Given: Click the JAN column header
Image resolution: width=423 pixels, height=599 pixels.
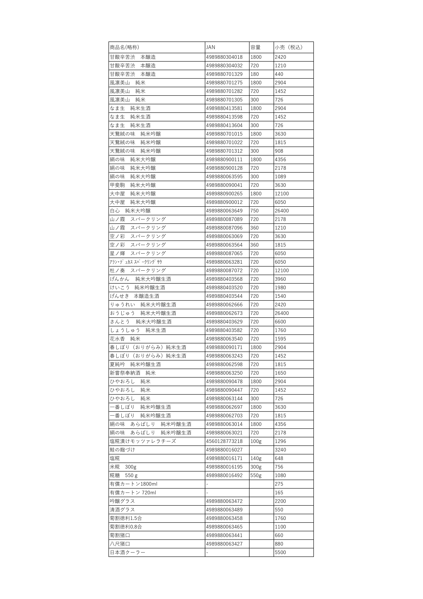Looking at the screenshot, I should click(x=211, y=47).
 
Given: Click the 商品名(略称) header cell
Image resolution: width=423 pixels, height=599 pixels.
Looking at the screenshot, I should click(x=124, y=47).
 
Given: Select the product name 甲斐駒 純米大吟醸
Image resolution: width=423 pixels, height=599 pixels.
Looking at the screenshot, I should click(x=133, y=185).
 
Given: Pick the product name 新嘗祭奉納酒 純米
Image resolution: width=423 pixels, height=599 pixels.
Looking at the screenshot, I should click(x=133, y=373).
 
